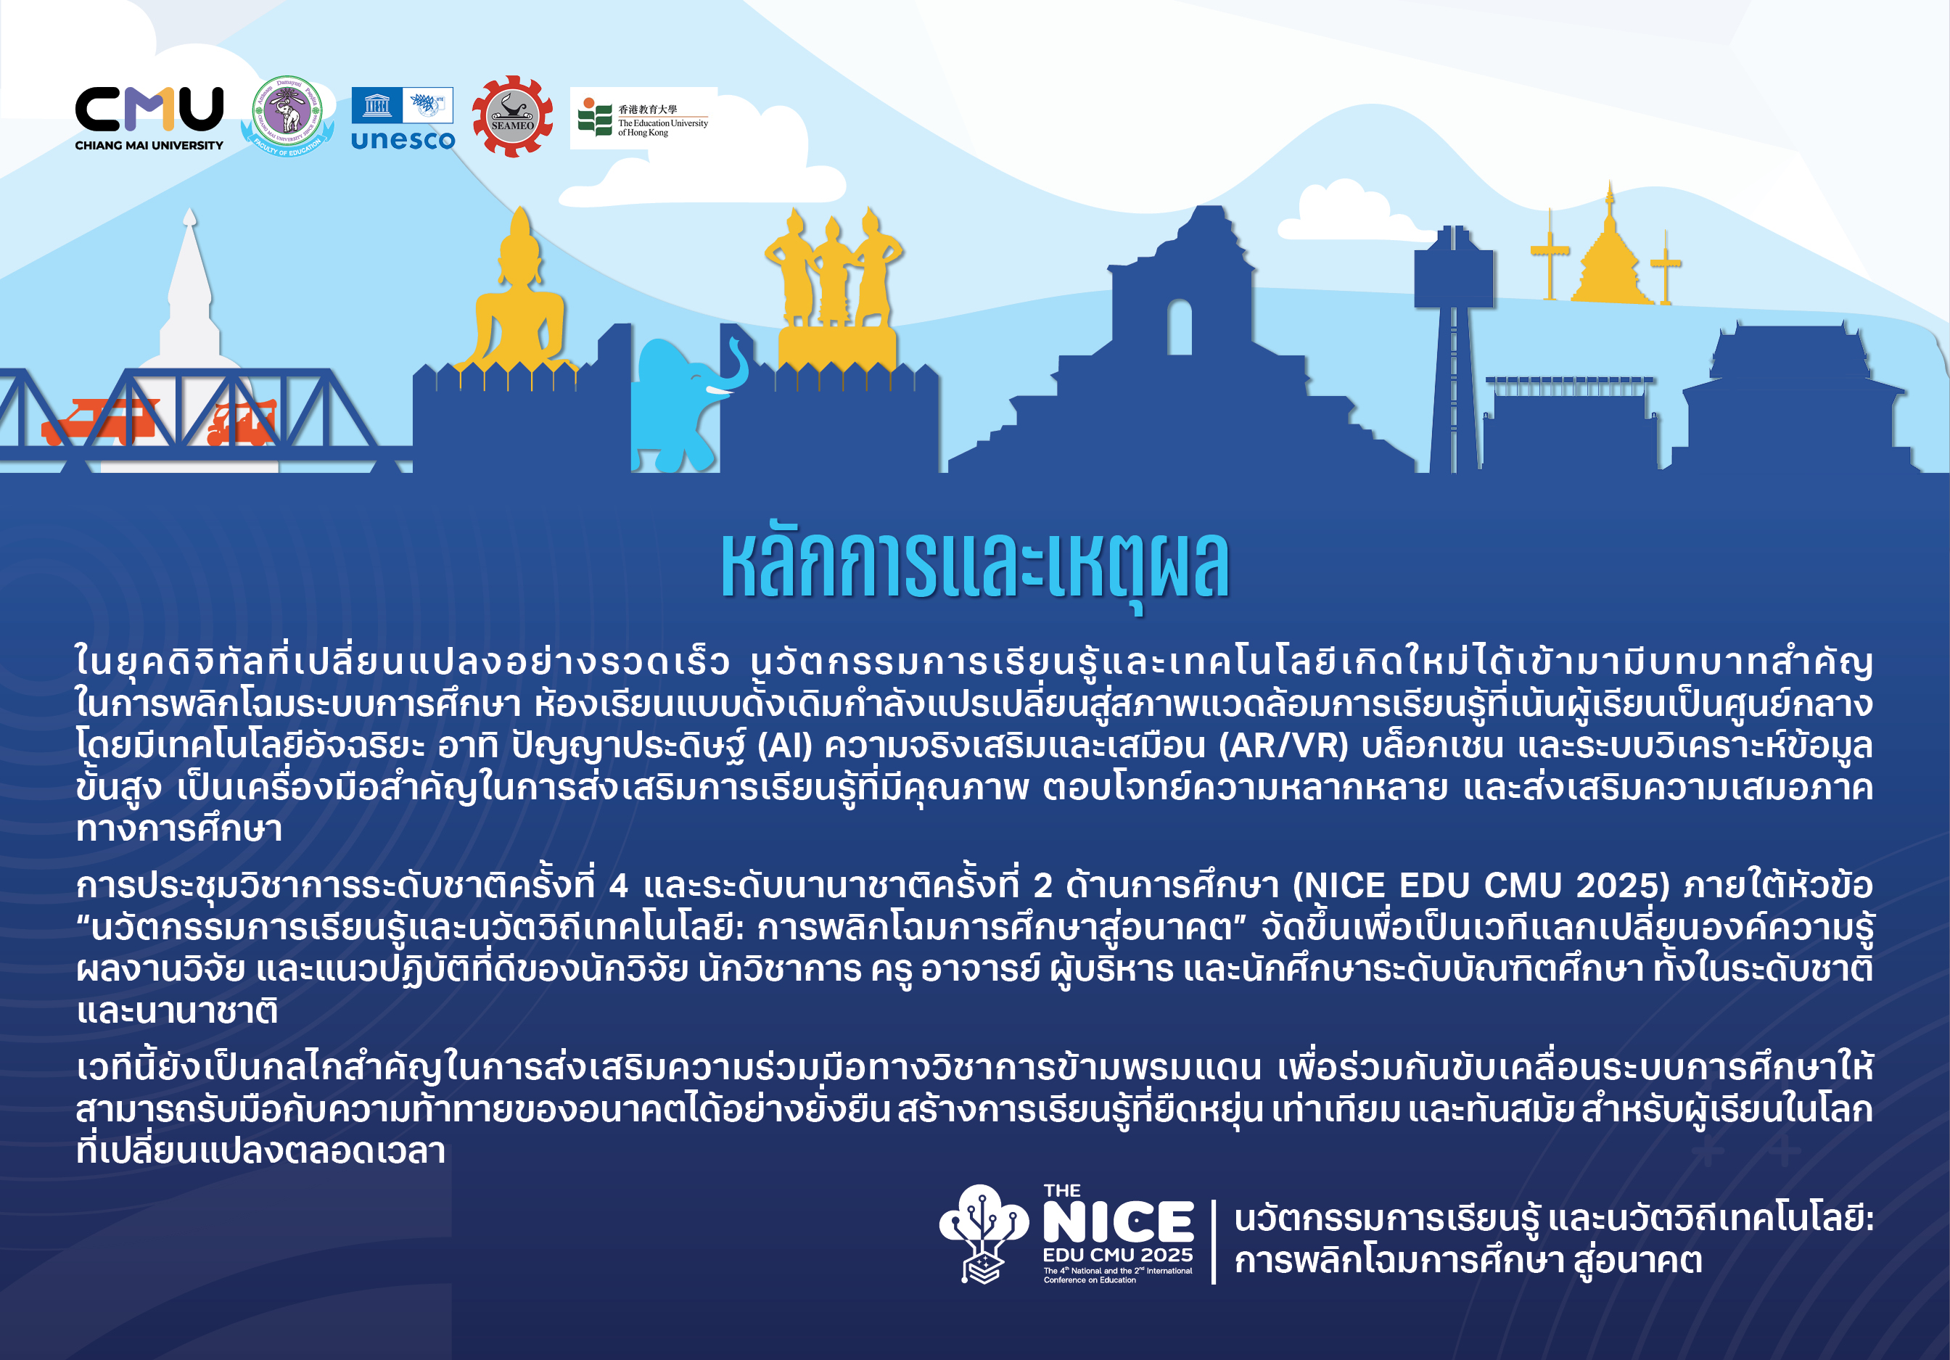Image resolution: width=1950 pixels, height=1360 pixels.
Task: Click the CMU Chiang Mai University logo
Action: (149, 118)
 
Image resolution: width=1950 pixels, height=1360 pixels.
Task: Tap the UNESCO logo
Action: (403, 119)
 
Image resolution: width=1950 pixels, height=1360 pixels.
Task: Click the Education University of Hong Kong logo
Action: (643, 118)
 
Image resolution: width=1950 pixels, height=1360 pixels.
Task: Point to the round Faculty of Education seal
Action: (288, 115)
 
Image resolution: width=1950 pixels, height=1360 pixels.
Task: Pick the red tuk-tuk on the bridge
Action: (241, 424)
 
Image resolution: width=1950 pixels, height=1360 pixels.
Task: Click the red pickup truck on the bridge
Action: (98, 422)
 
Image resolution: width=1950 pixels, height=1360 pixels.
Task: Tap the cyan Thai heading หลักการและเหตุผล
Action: (975, 565)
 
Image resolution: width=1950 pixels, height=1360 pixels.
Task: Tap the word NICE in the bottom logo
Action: (1118, 1222)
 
